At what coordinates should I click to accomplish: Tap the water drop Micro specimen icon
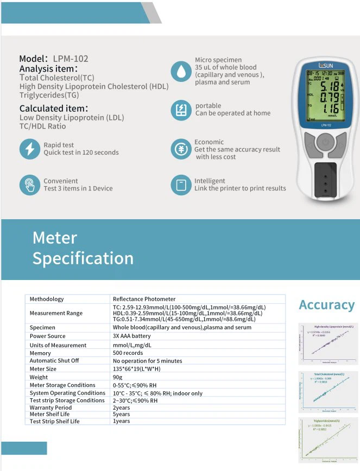pos(180,71)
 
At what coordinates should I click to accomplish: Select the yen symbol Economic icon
pos(180,149)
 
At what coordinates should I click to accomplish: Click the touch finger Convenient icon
pos(29,184)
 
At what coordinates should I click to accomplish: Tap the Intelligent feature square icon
pos(180,184)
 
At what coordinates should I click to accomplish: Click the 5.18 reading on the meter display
pos(330,86)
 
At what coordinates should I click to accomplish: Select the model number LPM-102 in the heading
pos(71,59)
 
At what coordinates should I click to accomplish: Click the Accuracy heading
pos(326,305)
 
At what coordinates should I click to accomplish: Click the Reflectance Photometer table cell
pos(144,299)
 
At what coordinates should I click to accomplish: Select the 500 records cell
pos(128,353)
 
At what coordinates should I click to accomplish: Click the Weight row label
pos(39,377)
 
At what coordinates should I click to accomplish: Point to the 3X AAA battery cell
pos(132,336)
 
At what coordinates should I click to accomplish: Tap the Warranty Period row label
pos(50,408)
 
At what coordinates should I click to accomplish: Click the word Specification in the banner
pos(83,258)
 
